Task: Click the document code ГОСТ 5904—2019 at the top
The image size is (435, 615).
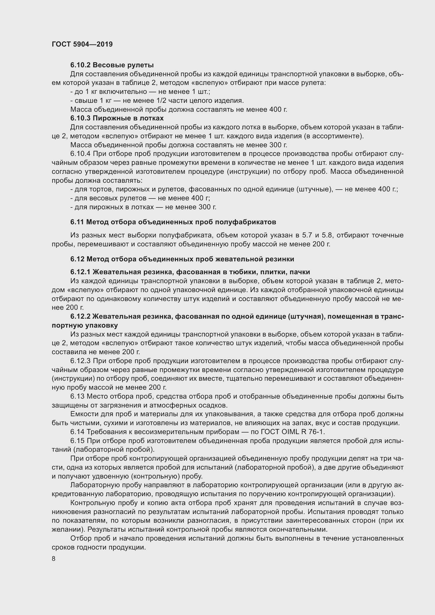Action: (x=82, y=44)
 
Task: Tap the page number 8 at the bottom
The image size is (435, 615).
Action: (x=54, y=559)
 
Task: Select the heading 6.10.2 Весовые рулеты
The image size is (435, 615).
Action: (x=112, y=65)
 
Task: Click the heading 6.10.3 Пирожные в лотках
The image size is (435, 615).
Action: (x=117, y=118)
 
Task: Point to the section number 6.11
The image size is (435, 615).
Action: (x=77, y=222)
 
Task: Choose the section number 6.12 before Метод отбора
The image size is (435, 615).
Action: (x=77, y=259)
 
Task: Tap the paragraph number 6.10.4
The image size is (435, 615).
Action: (x=81, y=154)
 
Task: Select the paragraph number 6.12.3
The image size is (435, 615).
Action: (x=81, y=361)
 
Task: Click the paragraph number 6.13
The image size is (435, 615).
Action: (x=77, y=397)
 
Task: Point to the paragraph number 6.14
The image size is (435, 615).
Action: (x=77, y=432)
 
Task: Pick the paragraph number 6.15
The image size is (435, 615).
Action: (x=77, y=441)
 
